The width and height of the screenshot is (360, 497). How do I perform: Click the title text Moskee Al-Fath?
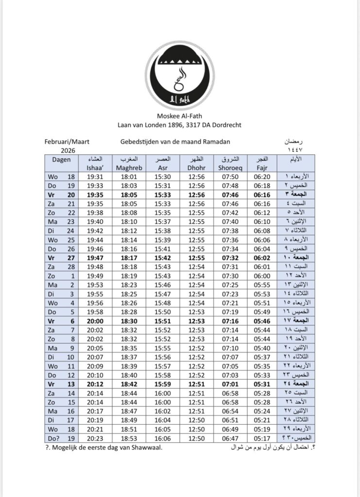point(179,116)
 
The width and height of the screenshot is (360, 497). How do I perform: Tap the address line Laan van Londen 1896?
point(179,125)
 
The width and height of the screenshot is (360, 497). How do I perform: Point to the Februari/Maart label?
point(66,142)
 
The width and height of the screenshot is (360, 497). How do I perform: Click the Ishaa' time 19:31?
point(96,177)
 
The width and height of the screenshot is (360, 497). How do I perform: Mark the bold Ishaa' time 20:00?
point(96,321)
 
